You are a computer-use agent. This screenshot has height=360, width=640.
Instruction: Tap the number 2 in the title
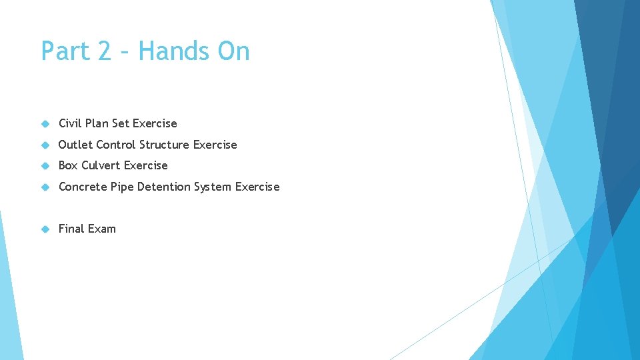pyautogui.click(x=104, y=51)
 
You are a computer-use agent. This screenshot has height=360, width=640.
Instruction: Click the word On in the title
pyautogui.click(x=233, y=51)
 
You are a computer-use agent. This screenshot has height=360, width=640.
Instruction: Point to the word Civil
pyautogui.click(x=70, y=123)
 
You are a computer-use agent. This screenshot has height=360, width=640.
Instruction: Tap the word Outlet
pyautogui.click(x=75, y=145)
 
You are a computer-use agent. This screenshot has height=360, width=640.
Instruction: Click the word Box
pyautogui.click(x=68, y=165)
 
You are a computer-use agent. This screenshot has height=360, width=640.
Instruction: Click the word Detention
pyautogui.click(x=164, y=187)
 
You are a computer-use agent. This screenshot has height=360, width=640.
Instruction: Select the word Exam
pyautogui.click(x=101, y=229)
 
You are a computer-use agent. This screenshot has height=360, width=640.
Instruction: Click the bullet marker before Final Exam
pyautogui.click(x=45, y=229)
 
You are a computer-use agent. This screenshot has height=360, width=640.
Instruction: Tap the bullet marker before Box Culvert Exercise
pyautogui.click(x=45, y=165)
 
